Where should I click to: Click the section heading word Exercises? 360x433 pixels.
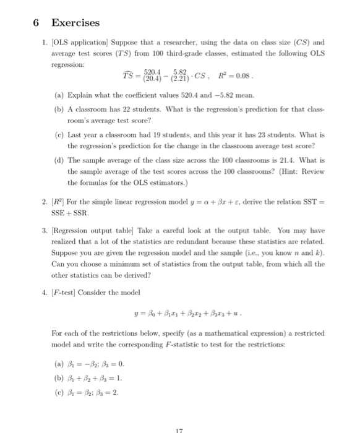click(75, 23)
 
